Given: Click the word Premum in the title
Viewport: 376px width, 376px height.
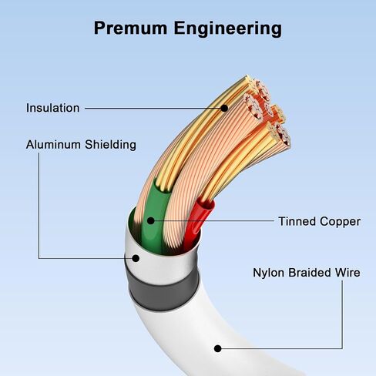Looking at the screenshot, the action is pos(130,28).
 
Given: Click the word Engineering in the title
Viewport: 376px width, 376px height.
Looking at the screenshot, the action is pos(228,29).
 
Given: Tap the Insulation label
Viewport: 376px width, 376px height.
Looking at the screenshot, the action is pos(52,108).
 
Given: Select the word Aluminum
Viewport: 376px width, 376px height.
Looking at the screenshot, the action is pos(53,145).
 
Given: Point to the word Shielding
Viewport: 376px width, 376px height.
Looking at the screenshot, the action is pos(110,145).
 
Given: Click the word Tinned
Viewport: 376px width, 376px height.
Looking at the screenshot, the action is pos(297,221).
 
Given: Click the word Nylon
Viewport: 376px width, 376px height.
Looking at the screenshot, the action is pos(269,273).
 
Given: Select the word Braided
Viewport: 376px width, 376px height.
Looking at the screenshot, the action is pos(310,273).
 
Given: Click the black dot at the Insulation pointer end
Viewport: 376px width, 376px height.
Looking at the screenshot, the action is pos(224,109).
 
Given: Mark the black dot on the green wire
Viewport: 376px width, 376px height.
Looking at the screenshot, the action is pos(151,220).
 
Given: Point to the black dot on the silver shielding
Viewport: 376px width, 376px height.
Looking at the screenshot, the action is pos(136,258).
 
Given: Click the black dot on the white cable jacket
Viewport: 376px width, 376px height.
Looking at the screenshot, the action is pos(218,348).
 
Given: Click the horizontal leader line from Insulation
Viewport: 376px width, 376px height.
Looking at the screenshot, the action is pos(153,109).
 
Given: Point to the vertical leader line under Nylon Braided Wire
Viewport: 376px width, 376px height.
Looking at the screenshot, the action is pos(342,314).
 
